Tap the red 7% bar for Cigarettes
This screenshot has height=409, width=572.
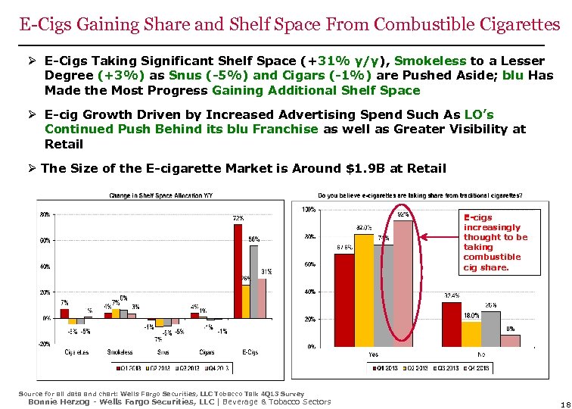click(64, 313)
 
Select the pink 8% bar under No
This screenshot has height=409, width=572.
click(510, 340)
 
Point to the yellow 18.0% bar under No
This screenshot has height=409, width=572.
click(471, 333)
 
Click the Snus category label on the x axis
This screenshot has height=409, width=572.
click(163, 352)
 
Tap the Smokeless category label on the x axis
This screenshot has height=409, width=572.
click(120, 352)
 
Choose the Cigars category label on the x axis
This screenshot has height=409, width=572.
click(207, 352)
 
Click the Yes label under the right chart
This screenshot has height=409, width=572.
click(373, 353)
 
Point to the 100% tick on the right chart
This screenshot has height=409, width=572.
click(309, 209)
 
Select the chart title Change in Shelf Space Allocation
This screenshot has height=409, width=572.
click(160, 195)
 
